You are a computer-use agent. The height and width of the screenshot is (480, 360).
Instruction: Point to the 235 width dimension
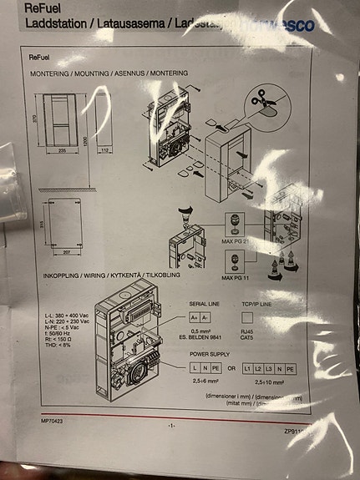point(61,153)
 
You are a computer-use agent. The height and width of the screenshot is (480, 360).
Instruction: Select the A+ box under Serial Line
point(195,318)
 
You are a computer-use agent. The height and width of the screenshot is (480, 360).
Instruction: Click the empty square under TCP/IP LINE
point(247,318)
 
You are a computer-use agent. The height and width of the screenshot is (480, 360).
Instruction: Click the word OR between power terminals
point(231,368)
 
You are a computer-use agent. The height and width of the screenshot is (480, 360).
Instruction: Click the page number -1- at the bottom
point(170,425)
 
